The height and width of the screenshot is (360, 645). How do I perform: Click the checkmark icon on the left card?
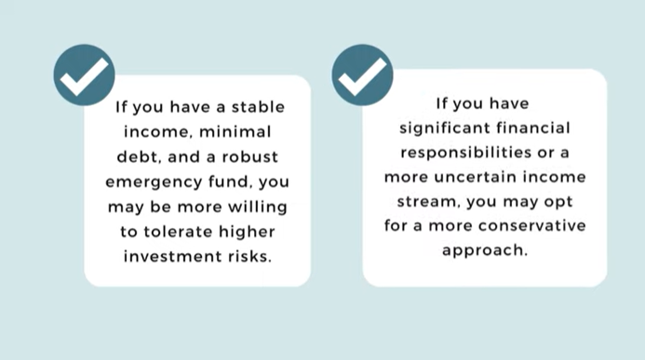[x=84, y=74]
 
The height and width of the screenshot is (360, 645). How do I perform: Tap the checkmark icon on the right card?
[x=362, y=74]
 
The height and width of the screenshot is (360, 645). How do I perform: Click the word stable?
[x=259, y=107]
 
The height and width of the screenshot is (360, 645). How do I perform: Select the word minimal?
[x=235, y=132]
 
